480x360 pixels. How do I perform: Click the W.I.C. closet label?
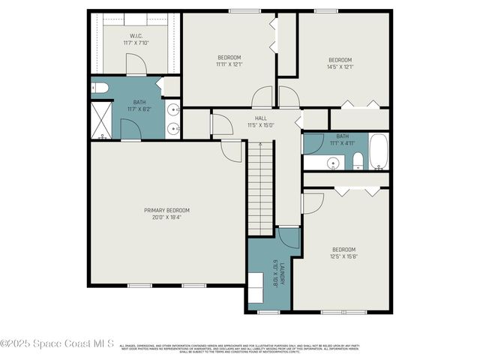click(x=136, y=36)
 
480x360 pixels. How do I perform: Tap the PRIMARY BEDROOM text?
click(x=166, y=210)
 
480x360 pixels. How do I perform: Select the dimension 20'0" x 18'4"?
click(x=166, y=217)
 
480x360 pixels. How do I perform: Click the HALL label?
click(x=260, y=118)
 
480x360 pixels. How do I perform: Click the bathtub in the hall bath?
click(x=378, y=152)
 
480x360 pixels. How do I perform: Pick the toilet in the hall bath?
click(x=358, y=160)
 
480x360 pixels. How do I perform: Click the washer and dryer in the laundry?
click(x=256, y=286)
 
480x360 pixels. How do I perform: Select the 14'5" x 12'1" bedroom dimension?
click(x=340, y=67)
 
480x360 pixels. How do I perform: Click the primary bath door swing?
click(x=130, y=130)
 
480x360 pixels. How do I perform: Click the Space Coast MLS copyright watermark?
click(x=57, y=344)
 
